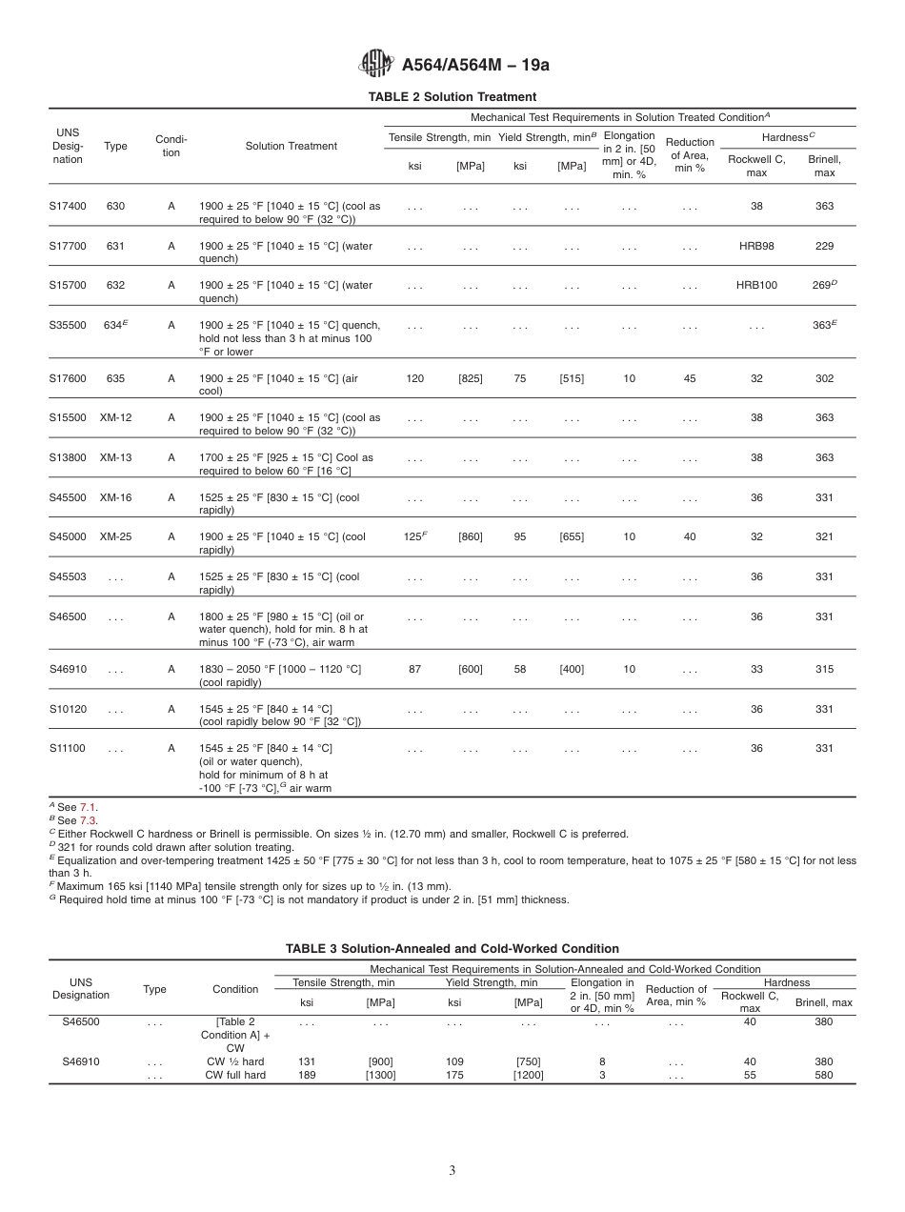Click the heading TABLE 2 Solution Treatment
[452, 96]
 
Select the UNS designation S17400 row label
[68, 206]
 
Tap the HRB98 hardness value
[756, 246]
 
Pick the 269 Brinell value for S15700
[822, 285]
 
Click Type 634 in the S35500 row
[115, 325]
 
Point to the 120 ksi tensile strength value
[415, 378]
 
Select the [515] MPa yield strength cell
[572, 378]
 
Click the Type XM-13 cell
[116, 457]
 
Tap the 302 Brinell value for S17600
[824, 378]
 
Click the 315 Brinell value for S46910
[824, 669]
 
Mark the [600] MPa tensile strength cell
[470, 669]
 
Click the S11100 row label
[68, 748]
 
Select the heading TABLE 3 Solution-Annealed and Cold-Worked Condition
[452, 948]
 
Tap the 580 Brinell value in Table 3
[824, 1075]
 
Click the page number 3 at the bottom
[452, 1170]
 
